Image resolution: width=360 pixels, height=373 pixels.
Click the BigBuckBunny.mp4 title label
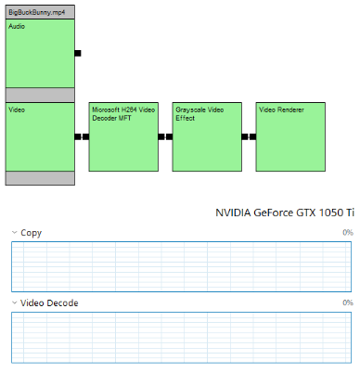pos(35,11)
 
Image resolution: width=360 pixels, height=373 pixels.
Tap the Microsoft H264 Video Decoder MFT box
pos(122,136)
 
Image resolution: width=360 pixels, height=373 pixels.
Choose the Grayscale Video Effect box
pos(206,136)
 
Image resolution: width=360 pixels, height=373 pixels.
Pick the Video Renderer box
pos(290,136)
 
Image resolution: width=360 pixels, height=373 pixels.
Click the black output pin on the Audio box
pos(78,53)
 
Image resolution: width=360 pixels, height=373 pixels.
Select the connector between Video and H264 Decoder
pos(82,136)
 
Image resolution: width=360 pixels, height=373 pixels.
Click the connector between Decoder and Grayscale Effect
pos(165,136)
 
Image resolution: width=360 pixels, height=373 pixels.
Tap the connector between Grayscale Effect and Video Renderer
pos(249,136)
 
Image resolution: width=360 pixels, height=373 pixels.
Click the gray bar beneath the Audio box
pos(40,95)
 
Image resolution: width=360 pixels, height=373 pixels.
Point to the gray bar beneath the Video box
pos(40,178)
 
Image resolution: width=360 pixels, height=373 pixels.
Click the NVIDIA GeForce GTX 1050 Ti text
pos(284,212)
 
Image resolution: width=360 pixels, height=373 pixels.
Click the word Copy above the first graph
pos(31,233)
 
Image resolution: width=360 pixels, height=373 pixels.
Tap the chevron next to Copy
pos(14,233)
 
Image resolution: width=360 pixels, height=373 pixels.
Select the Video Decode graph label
pos(49,302)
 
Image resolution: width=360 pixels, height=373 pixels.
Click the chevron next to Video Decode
pos(14,302)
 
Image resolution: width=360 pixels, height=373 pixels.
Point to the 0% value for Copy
pos(347,233)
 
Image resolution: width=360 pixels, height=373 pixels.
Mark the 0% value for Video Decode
pos(347,302)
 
